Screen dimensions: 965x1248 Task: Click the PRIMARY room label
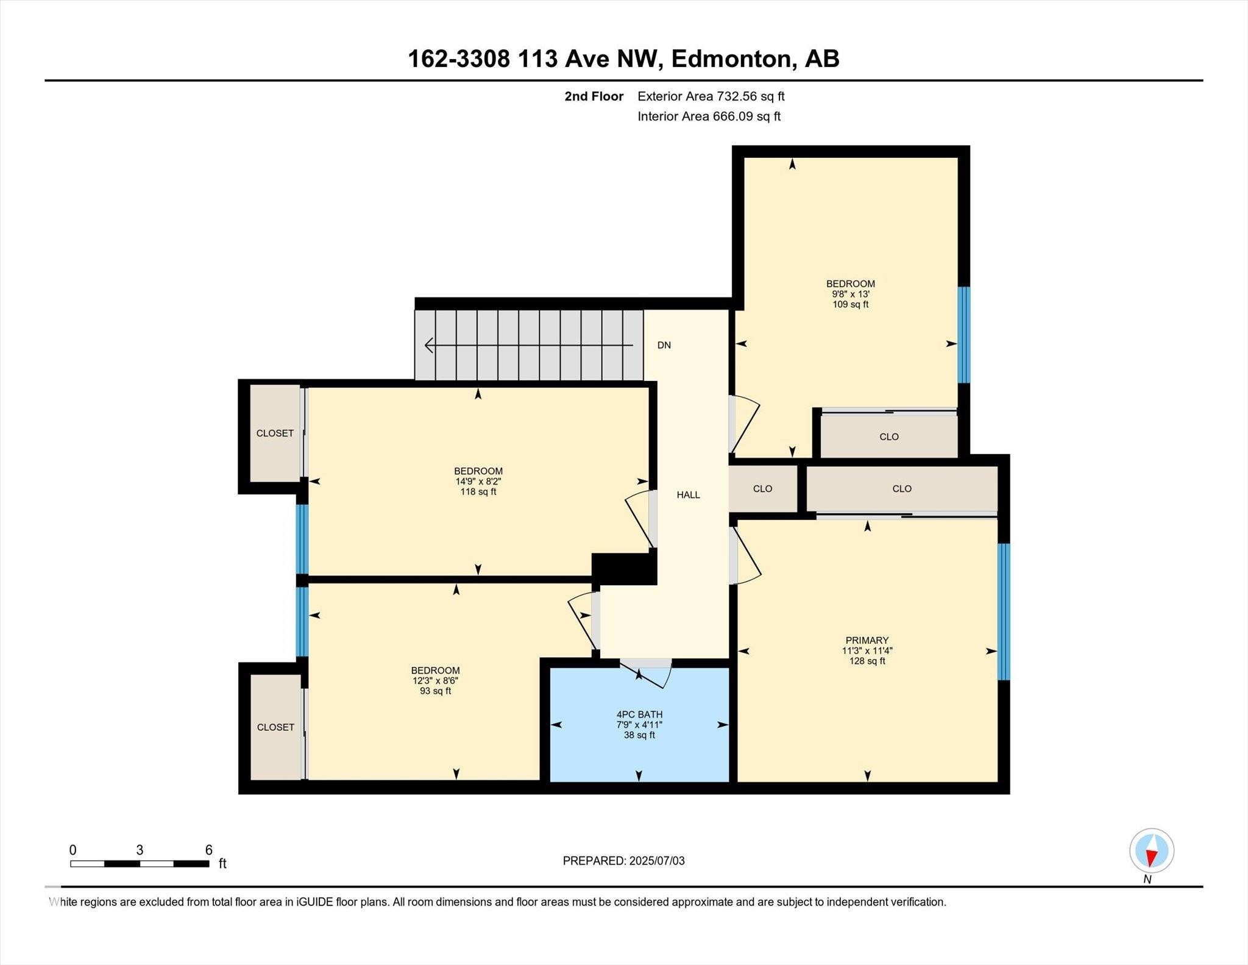tap(867, 640)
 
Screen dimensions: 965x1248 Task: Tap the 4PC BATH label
tap(639, 714)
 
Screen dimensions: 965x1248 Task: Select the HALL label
tap(688, 495)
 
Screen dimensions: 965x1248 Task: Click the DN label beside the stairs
tap(664, 345)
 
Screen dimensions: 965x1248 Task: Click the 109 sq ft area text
tap(850, 304)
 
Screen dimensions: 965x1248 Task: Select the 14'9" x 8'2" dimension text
tap(478, 481)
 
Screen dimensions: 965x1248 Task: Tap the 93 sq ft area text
tap(435, 691)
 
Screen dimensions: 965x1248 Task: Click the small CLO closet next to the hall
tap(762, 489)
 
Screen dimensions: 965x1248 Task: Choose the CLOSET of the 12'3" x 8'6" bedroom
tap(275, 727)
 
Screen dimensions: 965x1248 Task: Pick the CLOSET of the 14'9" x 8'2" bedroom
tap(275, 433)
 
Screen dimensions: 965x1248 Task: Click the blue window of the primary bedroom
tap(1003, 611)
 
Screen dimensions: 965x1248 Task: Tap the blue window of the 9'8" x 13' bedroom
tap(963, 335)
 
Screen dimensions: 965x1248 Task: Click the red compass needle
tap(1151, 858)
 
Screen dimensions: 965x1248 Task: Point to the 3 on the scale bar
tap(140, 850)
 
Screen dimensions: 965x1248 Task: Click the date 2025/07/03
tap(657, 861)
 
